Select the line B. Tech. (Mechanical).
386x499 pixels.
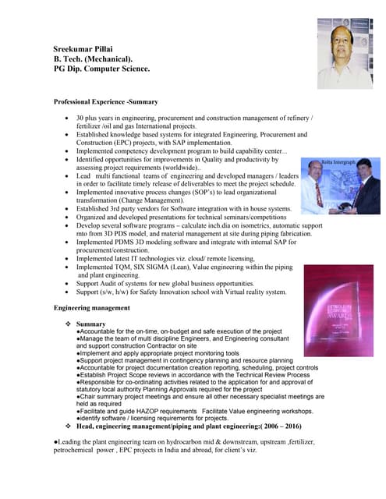pyautogui.click(x=93, y=59)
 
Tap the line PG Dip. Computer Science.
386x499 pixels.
pyautogui.click(x=101, y=69)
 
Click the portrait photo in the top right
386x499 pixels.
pyautogui.click(x=345, y=53)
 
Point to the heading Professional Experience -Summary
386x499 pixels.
pyautogui.click(x=105, y=102)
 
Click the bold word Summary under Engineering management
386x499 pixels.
pyautogui.click(x=91, y=324)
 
